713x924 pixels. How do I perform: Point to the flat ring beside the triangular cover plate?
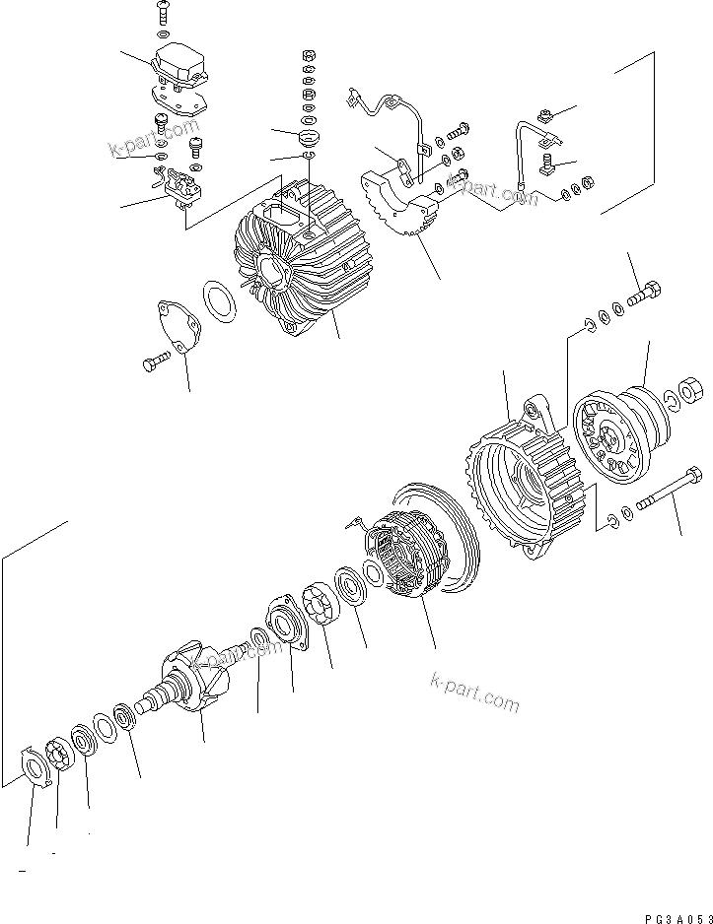pyautogui.click(x=219, y=301)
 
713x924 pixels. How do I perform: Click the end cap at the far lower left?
pyautogui.click(x=36, y=769)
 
